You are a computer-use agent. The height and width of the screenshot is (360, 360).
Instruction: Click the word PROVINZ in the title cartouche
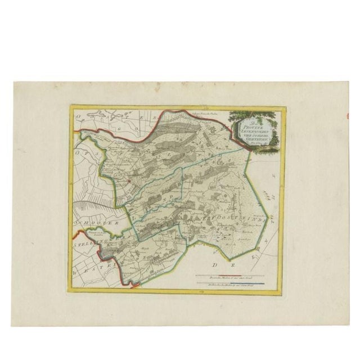click(251, 128)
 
